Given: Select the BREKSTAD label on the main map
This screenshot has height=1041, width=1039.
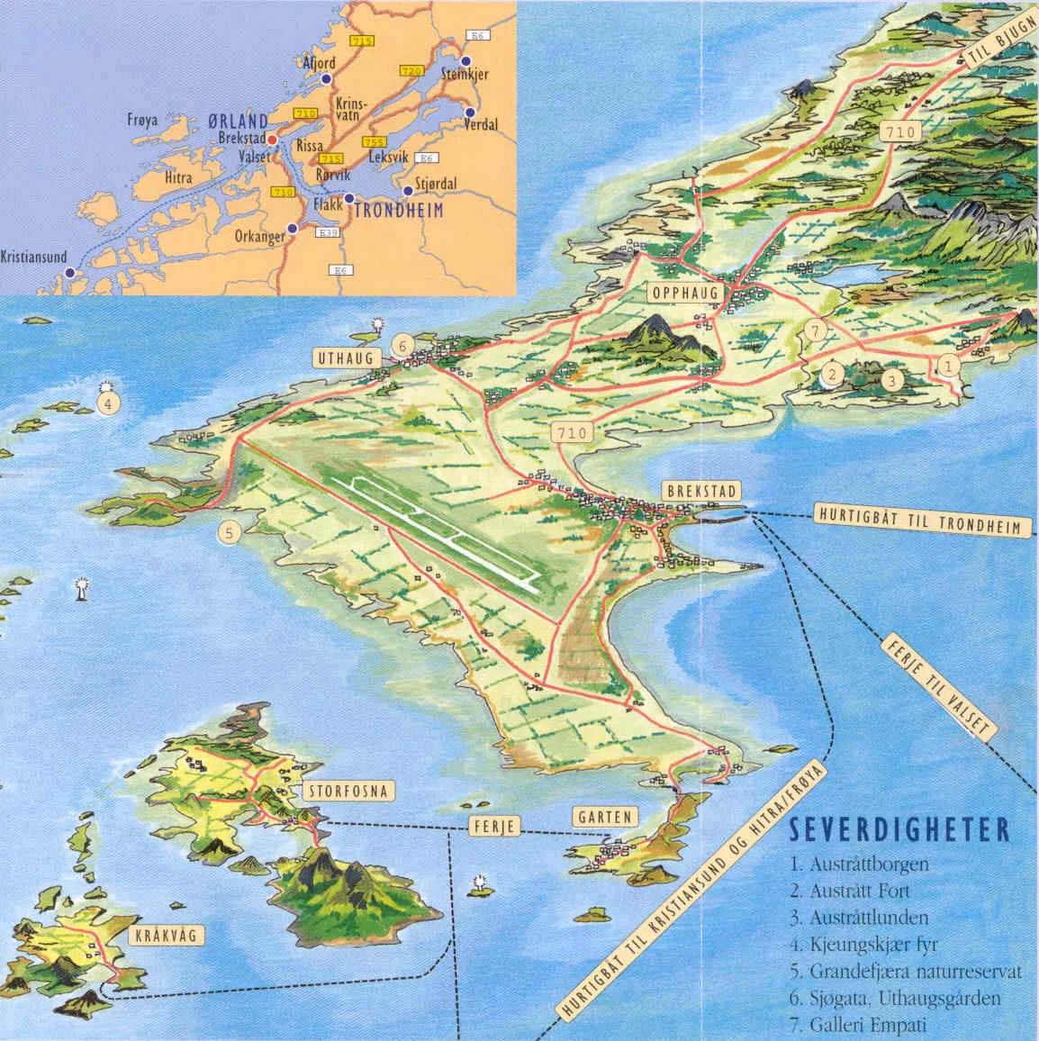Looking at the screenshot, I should click(700, 491).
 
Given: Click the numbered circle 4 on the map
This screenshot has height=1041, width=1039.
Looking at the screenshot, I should click(107, 403).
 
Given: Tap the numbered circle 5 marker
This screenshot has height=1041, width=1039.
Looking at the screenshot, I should click(230, 533).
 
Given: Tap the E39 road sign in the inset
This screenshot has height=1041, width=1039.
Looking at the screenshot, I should click(327, 231).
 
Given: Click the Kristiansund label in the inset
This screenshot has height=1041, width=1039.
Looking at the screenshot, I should click(33, 256).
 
